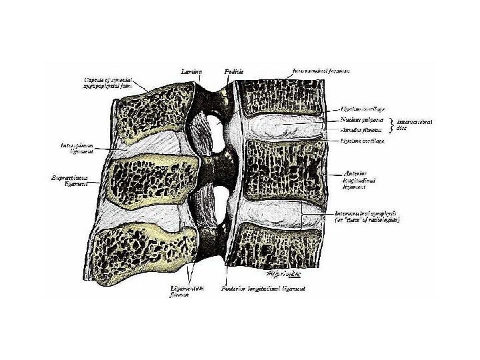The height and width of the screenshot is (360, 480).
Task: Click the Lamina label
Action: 191,69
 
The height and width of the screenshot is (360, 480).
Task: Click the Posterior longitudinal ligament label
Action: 263,289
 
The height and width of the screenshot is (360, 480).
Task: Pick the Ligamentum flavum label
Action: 187,293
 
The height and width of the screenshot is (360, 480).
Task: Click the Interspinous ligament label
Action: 71,146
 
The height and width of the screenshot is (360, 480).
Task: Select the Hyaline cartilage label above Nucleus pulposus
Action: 363,109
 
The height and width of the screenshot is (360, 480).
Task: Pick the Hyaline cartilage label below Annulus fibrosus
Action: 362,141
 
